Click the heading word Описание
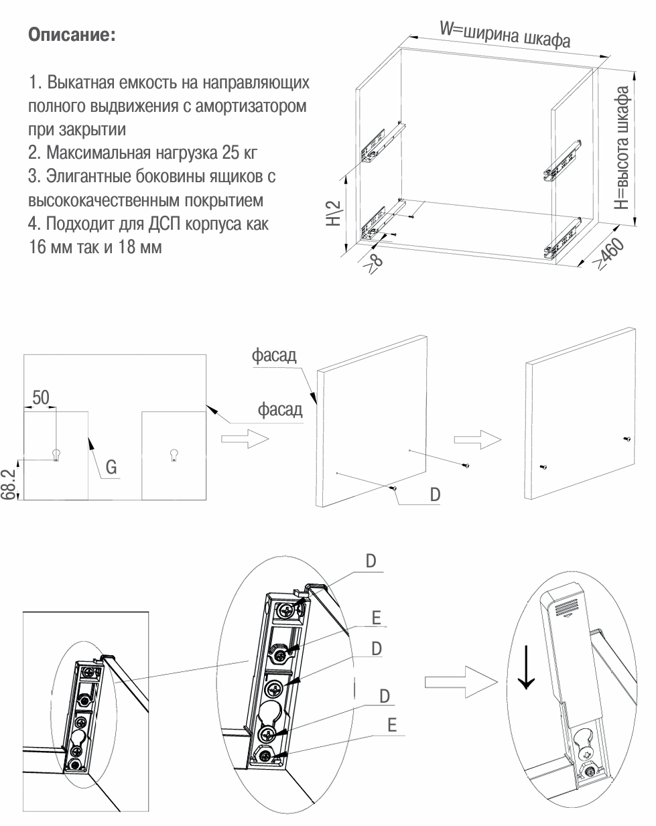pyautogui.click(x=72, y=35)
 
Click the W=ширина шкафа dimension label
pyautogui.click(x=505, y=34)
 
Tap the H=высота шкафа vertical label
pyautogui.click(x=622, y=147)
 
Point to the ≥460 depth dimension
pyautogui.click(x=610, y=255)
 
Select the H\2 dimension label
pyautogui.click(x=333, y=213)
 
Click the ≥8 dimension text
pyautogui.click(x=374, y=261)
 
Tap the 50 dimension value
pyautogui.click(x=41, y=397)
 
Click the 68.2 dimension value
pyautogui.click(x=8, y=484)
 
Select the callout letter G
pyautogui.click(x=111, y=467)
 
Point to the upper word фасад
pyautogui.click(x=274, y=355)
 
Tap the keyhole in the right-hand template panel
pyautogui.click(x=174, y=455)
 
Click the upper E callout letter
pyautogui.click(x=376, y=617)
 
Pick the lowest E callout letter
pyautogui.click(x=392, y=725)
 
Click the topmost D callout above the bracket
pyautogui.click(x=371, y=561)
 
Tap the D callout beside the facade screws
pyautogui.click(x=435, y=494)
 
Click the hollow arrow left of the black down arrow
pyautogui.click(x=460, y=681)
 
